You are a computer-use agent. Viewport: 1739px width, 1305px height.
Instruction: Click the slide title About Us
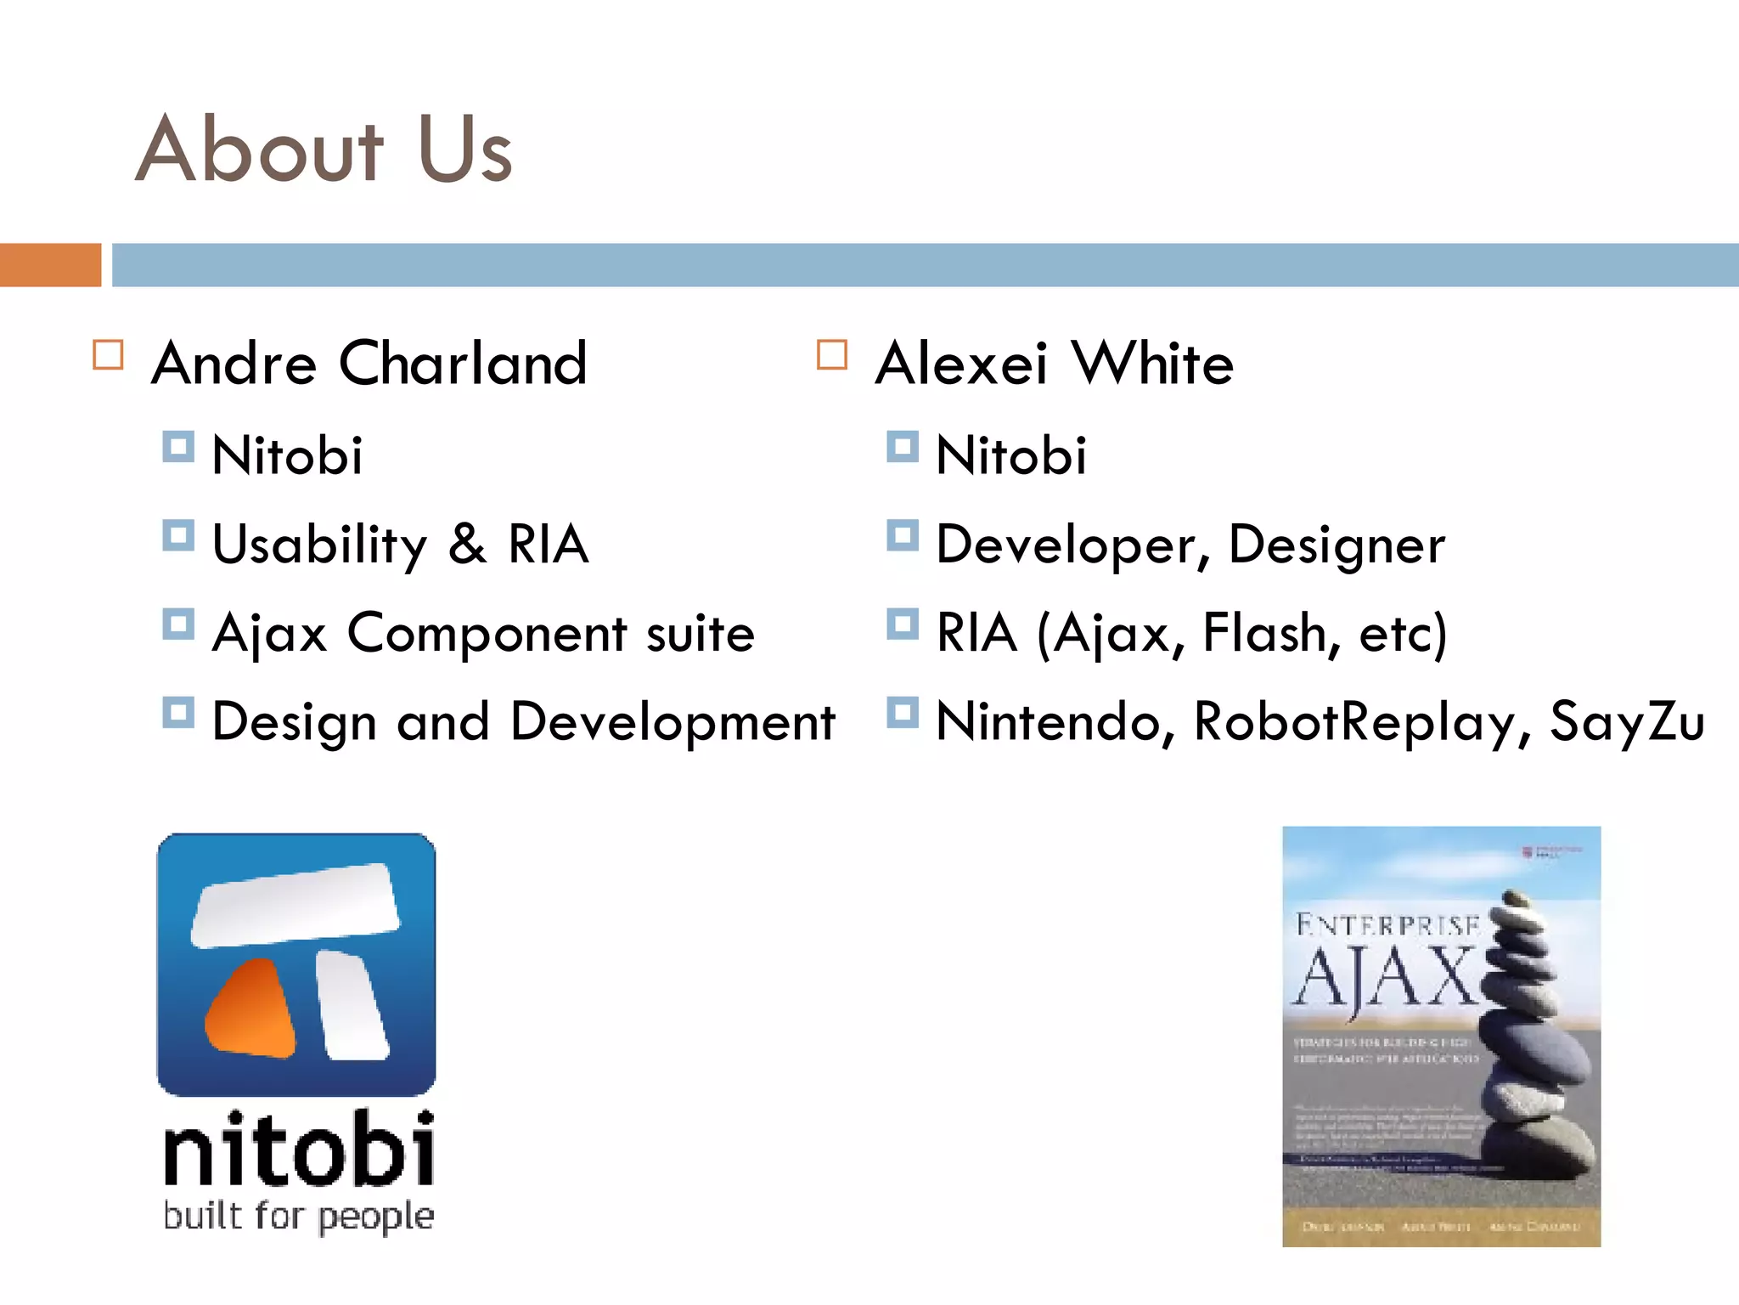324,150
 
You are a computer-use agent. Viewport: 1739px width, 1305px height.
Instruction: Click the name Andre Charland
369,364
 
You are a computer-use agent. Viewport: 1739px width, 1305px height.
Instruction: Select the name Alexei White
1054,364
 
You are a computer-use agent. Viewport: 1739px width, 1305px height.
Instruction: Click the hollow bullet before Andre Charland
108,355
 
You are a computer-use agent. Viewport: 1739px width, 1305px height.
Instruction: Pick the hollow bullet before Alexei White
831,355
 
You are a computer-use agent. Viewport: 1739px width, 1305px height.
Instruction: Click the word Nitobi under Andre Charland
287,455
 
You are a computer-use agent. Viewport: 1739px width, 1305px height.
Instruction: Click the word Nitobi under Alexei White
1010,455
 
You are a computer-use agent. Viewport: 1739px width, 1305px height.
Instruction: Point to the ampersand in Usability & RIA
467,545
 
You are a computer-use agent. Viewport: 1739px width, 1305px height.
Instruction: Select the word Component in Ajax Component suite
487,634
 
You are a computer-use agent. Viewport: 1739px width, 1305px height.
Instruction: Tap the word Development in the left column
673,722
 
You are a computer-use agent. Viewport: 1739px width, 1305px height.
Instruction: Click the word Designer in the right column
1336,545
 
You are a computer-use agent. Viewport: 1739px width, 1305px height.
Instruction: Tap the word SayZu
1626,722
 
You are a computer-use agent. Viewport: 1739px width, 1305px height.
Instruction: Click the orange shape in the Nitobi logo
250,1010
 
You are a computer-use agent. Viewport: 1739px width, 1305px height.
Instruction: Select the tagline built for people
299,1217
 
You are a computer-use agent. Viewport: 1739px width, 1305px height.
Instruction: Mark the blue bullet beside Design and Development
178,713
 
